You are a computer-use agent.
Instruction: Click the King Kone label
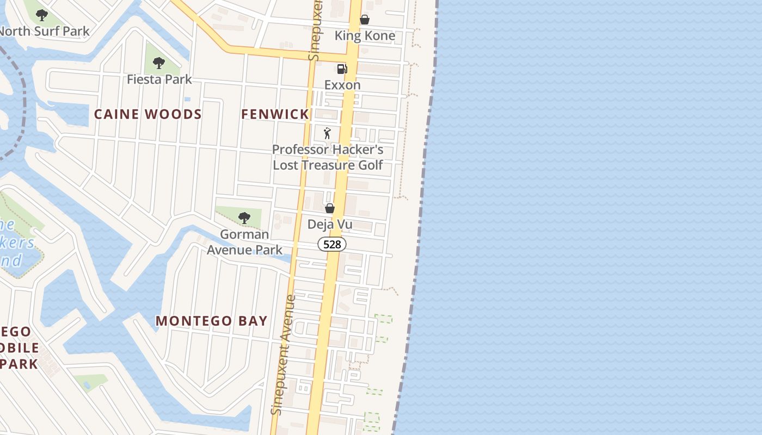pyautogui.click(x=365, y=36)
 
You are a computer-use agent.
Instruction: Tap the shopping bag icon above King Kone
pyautogui.click(x=365, y=20)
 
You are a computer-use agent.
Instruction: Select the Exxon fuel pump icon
pyautogui.click(x=342, y=69)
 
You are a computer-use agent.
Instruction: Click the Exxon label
pyautogui.click(x=342, y=85)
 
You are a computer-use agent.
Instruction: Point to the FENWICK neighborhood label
pyautogui.click(x=275, y=114)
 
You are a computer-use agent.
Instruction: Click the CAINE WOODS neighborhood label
pyautogui.click(x=148, y=114)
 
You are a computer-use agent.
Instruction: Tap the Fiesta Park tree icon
pyautogui.click(x=158, y=63)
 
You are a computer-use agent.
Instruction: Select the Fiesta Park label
pyautogui.click(x=159, y=79)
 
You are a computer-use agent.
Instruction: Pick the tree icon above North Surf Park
pyautogui.click(x=42, y=15)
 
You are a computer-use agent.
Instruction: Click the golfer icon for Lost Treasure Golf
pyautogui.click(x=327, y=133)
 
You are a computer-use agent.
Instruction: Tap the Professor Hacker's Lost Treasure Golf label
pyautogui.click(x=328, y=157)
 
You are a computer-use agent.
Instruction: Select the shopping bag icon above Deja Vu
pyautogui.click(x=330, y=208)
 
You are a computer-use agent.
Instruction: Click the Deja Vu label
pyautogui.click(x=330, y=224)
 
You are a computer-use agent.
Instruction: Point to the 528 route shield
pyautogui.click(x=332, y=245)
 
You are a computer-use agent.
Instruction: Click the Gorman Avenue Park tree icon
pyautogui.click(x=244, y=218)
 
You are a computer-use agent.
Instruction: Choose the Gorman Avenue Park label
pyautogui.click(x=245, y=242)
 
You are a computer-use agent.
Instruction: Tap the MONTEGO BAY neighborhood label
pyautogui.click(x=212, y=321)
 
